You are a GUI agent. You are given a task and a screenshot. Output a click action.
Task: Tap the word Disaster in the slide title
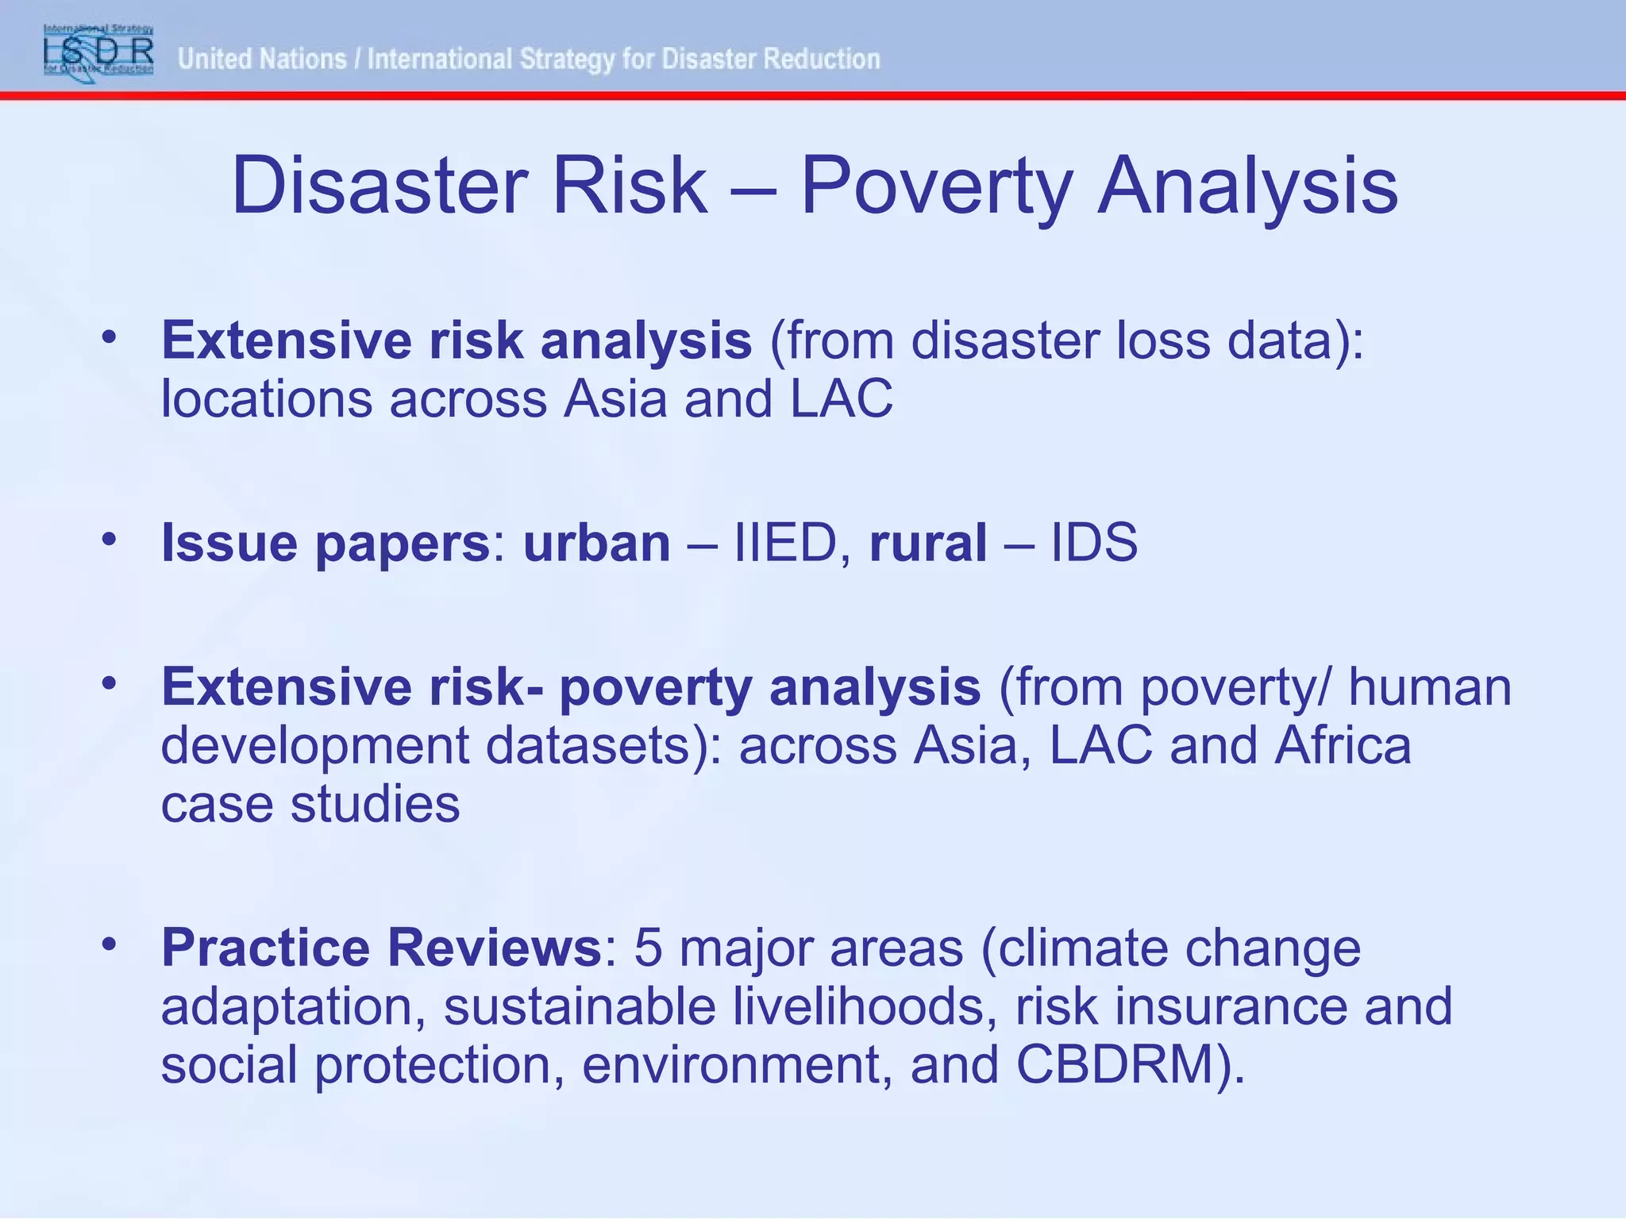[x=380, y=186]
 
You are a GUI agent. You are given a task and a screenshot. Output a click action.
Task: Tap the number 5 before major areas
[x=648, y=948]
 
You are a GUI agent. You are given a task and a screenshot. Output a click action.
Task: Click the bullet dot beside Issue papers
[x=110, y=540]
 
